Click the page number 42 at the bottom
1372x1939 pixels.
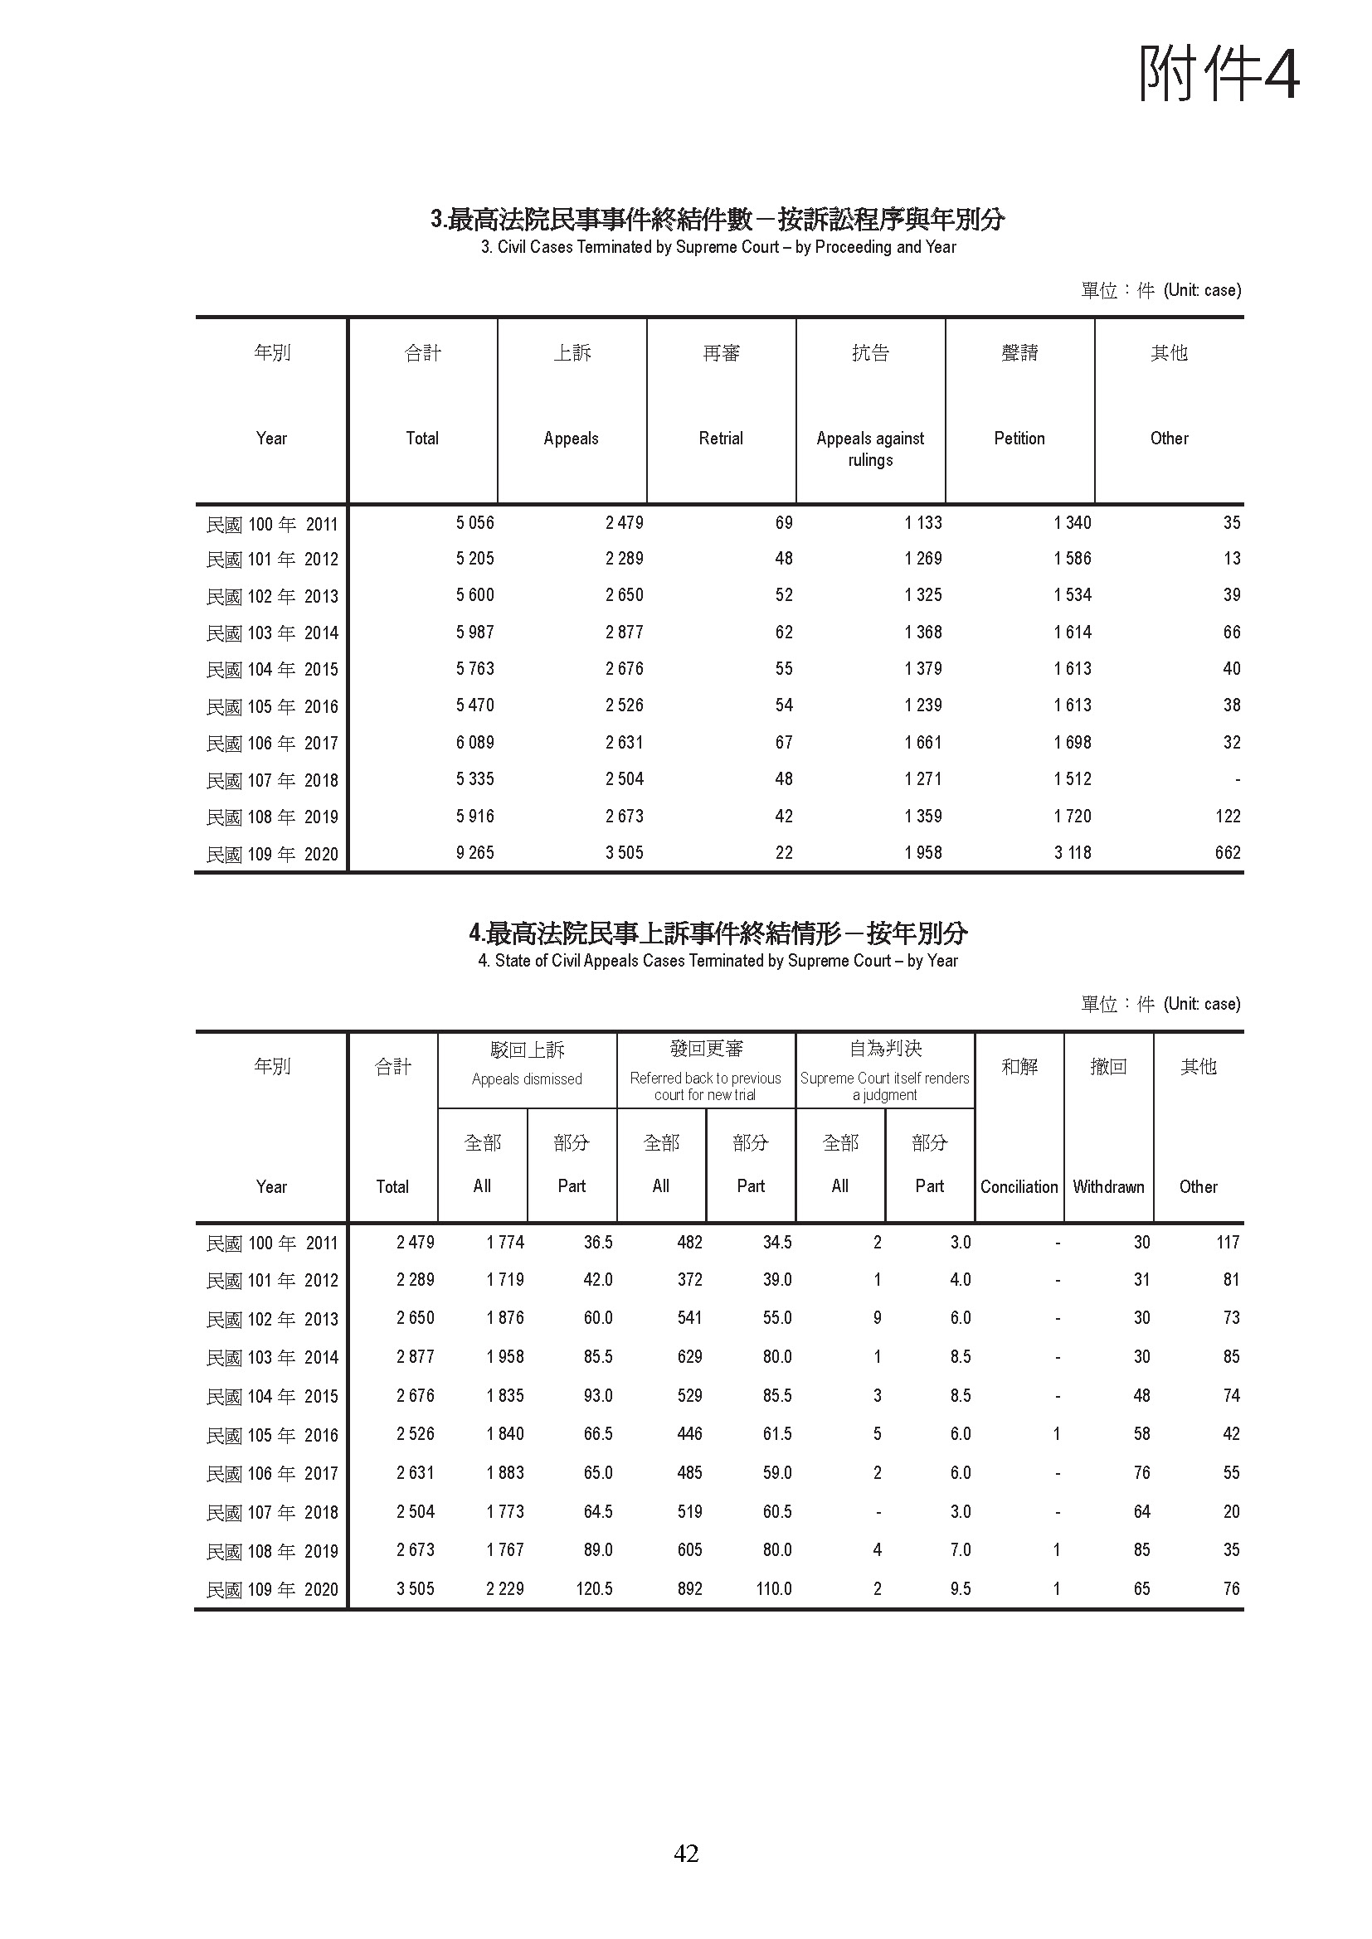pyautogui.click(x=686, y=1853)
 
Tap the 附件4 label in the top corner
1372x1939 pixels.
pyautogui.click(x=1219, y=75)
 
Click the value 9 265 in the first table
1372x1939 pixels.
pyautogui.click(x=474, y=853)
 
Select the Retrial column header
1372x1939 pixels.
pyautogui.click(x=721, y=439)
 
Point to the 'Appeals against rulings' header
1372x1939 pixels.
pyautogui.click(x=870, y=448)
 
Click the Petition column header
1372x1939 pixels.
pyautogui.click(x=1019, y=439)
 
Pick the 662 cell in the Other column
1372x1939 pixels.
pyautogui.click(x=1228, y=853)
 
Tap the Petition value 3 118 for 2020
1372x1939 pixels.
pyautogui.click(x=1072, y=853)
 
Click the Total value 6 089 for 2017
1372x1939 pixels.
pyautogui.click(x=474, y=742)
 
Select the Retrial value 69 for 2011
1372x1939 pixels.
pyautogui.click(x=784, y=523)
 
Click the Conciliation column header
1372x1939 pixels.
pyautogui.click(x=1019, y=1186)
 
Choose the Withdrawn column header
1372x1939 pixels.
pyautogui.click(x=1108, y=1186)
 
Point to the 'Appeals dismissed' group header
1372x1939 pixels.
pyautogui.click(x=528, y=1079)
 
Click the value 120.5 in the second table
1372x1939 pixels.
pyautogui.click(x=594, y=1588)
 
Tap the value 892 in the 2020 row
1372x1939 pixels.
pyautogui.click(x=689, y=1588)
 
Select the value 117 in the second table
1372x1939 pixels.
pyautogui.click(x=1228, y=1243)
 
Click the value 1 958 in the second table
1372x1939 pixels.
pyautogui.click(x=505, y=1356)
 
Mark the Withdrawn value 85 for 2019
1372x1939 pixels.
pyautogui.click(x=1141, y=1549)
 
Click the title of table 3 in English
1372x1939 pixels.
pyautogui.click(x=718, y=247)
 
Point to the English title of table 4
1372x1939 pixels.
pyautogui.click(x=718, y=961)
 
